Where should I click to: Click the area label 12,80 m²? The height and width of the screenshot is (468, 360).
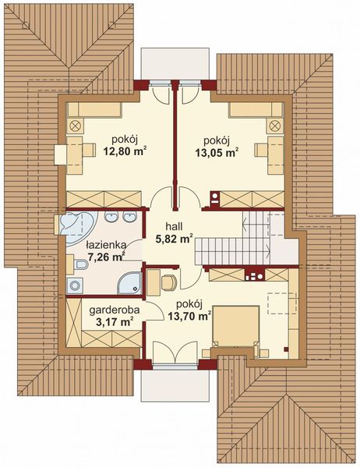pyautogui.click(x=125, y=151)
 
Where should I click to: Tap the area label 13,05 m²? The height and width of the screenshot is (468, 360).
pyautogui.click(x=217, y=152)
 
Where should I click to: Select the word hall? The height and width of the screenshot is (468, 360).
pyautogui.click(x=174, y=226)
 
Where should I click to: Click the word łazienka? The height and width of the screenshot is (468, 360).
pyautogui.click(x=106, y=246)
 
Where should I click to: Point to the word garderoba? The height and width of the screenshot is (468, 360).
pyautogui.click(x=115, y=310)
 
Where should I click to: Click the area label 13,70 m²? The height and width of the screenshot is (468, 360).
pyautogui.click(x=189, y=316)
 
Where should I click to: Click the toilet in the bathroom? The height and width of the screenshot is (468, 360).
pyautogui.click(x=81, y=264)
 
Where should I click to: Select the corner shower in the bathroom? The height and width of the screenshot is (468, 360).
pyautogui.click(x=129, y=283)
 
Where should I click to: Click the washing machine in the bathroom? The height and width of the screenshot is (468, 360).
pyautogui.click(x=75, y=285)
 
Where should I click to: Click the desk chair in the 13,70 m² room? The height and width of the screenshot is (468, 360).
pyautogui.click(x=169, y=282)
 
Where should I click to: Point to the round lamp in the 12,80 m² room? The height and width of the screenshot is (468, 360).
pyautogui.click(x=75, y=126)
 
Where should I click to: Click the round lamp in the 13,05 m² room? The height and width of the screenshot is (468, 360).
pyautogui.click(x=274, y=126)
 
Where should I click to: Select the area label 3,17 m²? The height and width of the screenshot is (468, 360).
pyautogui.click(x=115, y=322)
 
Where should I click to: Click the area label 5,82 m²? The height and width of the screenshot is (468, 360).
pyautogui.click(x=174, y=239)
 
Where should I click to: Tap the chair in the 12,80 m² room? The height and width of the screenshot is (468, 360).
pyautogui.click(x=89, y=150)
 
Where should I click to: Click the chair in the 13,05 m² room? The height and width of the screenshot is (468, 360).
pyautogui.click(x=261, y=150)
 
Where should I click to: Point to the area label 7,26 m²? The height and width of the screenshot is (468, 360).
pyautogui.click(x=106, y=257)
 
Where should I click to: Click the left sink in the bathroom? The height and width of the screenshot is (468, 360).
pyautogui.click(x=111, y=217)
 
